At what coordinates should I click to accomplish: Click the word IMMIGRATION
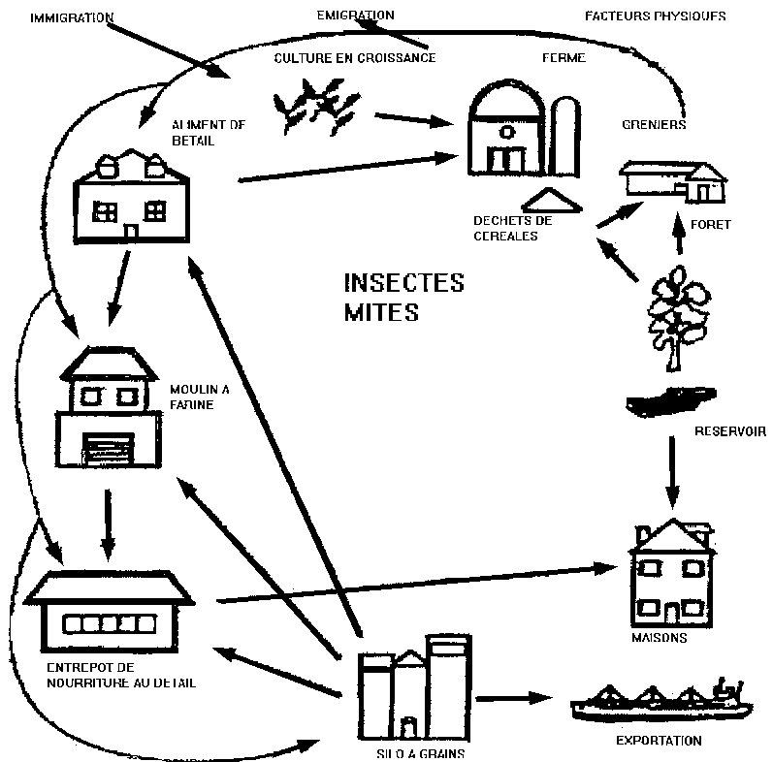click(x=72, y=17)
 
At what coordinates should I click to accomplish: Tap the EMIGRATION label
click(x=355, y=15)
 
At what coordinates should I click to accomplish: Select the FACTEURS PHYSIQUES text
click(x=655, y=16)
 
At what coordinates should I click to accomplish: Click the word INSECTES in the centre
click(x=403, y=284)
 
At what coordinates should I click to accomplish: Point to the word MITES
click(x=381, y=313)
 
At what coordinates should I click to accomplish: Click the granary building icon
click(x=671, y=181)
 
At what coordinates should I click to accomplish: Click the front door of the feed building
click(x=131, y=231)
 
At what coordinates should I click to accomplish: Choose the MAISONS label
click(x=659, y=638)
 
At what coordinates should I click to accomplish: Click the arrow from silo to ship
click(x=515, y=697)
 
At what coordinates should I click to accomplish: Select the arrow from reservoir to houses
click(x=671, y=470)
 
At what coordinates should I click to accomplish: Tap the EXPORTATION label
click(x=659, y=741)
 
